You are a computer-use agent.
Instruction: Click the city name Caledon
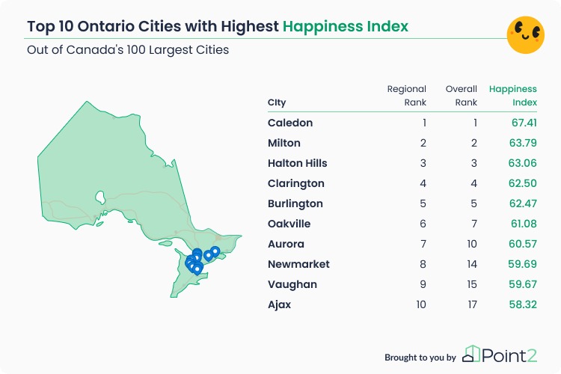pyautogui.click(x=290, y=123)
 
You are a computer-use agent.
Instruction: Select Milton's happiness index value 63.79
pyautogui.click(x=523, y=143)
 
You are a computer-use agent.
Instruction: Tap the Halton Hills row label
pyautogui.click(x=297, y=163)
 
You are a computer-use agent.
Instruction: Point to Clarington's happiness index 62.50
pyautogui.click(x=522, y=183)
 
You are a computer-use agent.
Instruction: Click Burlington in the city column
pyautogui.click(x=295, y=203)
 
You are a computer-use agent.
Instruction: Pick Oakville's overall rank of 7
pyautogui.click(x=474, y=224)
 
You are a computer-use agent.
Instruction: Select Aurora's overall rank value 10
pyautogui.click(x=472, y=244)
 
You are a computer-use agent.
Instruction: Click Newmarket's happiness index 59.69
pyautogui.click(x=522, y=264)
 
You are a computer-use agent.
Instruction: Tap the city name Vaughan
pyautogui.click(x=292, y=284)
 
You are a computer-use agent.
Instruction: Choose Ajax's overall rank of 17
pyautogui.click(x=472, y=304)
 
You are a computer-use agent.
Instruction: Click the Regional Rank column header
pyautogui.click(x=406, y=96)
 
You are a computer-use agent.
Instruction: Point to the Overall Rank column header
pyautogui.click(x=462, y=96)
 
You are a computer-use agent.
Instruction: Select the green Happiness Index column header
pyautogui.click(x=513, y=96)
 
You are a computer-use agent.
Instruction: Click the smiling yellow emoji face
pyautogui.click(x=526, y=34)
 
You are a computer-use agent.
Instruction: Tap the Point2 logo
pyautogui.click(x=500, y=355)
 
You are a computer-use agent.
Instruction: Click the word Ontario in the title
pyautogui.click(x=106, y=26)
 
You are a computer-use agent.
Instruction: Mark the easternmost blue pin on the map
pyautogui.click(x=215, y=252)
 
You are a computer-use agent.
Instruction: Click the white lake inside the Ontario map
pyautogui.click(x=99, y=197)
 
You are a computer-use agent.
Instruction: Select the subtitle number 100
pyautogui.click(x=135, y=50)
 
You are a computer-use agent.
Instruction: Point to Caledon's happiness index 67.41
pyautogui.click(x=524, y=123)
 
